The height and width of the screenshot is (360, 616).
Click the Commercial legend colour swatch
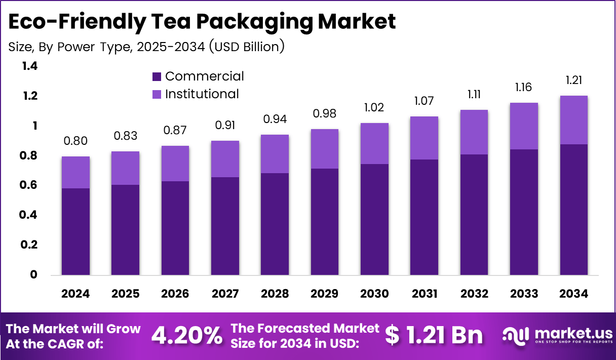pyautogui.click(x=157, y=77)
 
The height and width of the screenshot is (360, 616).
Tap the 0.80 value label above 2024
pyautogui.click(x=75, y=141)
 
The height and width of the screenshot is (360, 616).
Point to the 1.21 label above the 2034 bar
pyautogui.click(x=574, y=80)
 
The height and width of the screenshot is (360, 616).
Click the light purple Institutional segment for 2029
pyautogui.click(x=325, y=149)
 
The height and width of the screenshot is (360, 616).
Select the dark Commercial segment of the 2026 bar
pyautogui.click(x=175, y=228)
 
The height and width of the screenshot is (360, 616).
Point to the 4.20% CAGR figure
pyautogui.click(x=187, y=335)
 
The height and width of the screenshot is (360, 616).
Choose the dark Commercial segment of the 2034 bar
pyautogui.click(x=574, y=210)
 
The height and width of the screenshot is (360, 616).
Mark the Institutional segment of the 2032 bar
pyautogui.click(x=474, y=132)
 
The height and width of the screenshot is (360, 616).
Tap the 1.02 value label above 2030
pyautogui.click(x=374, y=107)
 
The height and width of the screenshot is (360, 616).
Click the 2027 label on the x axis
pyautogui.click(x=225, y=294)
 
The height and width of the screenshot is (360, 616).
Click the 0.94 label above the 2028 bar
pyautogui.click(x=275, y=119)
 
